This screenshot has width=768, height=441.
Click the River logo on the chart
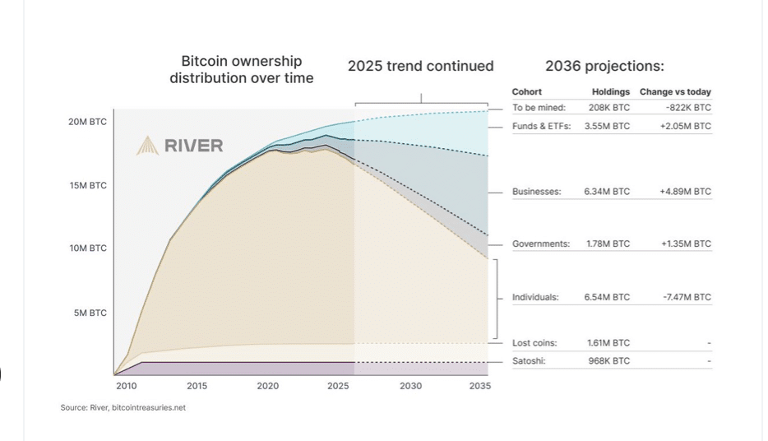tap(179, 146)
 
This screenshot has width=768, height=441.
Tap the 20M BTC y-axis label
tap(87, 122)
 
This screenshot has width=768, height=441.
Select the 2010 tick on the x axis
tap(126, 386)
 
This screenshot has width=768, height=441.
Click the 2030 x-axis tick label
tap(410, 386)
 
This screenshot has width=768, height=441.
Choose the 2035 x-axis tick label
tap(479, 386)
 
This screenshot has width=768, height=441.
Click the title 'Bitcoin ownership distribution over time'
tap(241, 69)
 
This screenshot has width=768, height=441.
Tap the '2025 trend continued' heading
tap(420, 66)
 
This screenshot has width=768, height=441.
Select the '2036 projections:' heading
tap(604, 66)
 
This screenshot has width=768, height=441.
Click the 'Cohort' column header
tap(526, 92)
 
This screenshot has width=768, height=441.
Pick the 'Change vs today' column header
tap(675, 92)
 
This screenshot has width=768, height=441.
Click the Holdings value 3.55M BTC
tap(607, 127)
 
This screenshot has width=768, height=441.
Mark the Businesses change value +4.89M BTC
tap(685, 192)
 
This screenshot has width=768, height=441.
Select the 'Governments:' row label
tap(540, 244)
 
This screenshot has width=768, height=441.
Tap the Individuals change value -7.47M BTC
tap(687, 297)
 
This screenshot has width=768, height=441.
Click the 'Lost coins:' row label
tap(534, 343)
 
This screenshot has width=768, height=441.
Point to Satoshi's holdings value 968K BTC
tap(607, 361)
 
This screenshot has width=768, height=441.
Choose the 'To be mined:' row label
tap(539, 108)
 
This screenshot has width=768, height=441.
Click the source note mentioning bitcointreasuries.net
tap(123, 407)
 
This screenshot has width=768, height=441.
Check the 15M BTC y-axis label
tap(87, 186)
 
